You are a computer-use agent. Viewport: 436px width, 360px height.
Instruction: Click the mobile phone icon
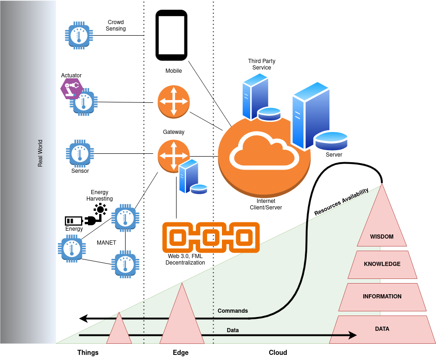tap(171, 36)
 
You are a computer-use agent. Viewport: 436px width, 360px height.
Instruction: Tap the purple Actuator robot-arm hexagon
tap(71, 88)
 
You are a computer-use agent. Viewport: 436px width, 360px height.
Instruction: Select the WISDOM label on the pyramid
tap(381, 237)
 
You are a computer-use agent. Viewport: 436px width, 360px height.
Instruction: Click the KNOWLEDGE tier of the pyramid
tap(382, 264)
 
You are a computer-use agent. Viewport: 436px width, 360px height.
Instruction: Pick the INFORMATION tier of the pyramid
tap(382, 297)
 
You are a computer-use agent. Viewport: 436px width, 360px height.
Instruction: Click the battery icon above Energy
tap(73, 221)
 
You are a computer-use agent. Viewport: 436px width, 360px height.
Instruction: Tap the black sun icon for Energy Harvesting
tap(101, 209)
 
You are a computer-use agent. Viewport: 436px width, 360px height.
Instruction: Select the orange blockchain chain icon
tap(210, 238)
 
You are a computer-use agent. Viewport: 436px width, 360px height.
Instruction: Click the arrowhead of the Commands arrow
tap(84, 318)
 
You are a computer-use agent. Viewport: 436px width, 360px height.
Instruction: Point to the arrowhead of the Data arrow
tap(353, 335)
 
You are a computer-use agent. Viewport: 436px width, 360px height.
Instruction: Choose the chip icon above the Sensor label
tap(80, 153)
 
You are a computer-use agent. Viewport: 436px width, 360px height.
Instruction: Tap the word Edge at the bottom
tap(180, 353)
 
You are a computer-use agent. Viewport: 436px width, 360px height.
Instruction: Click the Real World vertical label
tap(40, 153)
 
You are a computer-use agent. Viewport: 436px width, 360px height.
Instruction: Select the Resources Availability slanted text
tap(341, 201)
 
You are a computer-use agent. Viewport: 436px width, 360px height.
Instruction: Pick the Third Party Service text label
tap(261, 64)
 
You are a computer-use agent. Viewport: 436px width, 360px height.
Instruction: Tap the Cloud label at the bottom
tap(278, 353)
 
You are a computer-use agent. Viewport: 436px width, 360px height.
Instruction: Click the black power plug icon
tap(92, 220)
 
